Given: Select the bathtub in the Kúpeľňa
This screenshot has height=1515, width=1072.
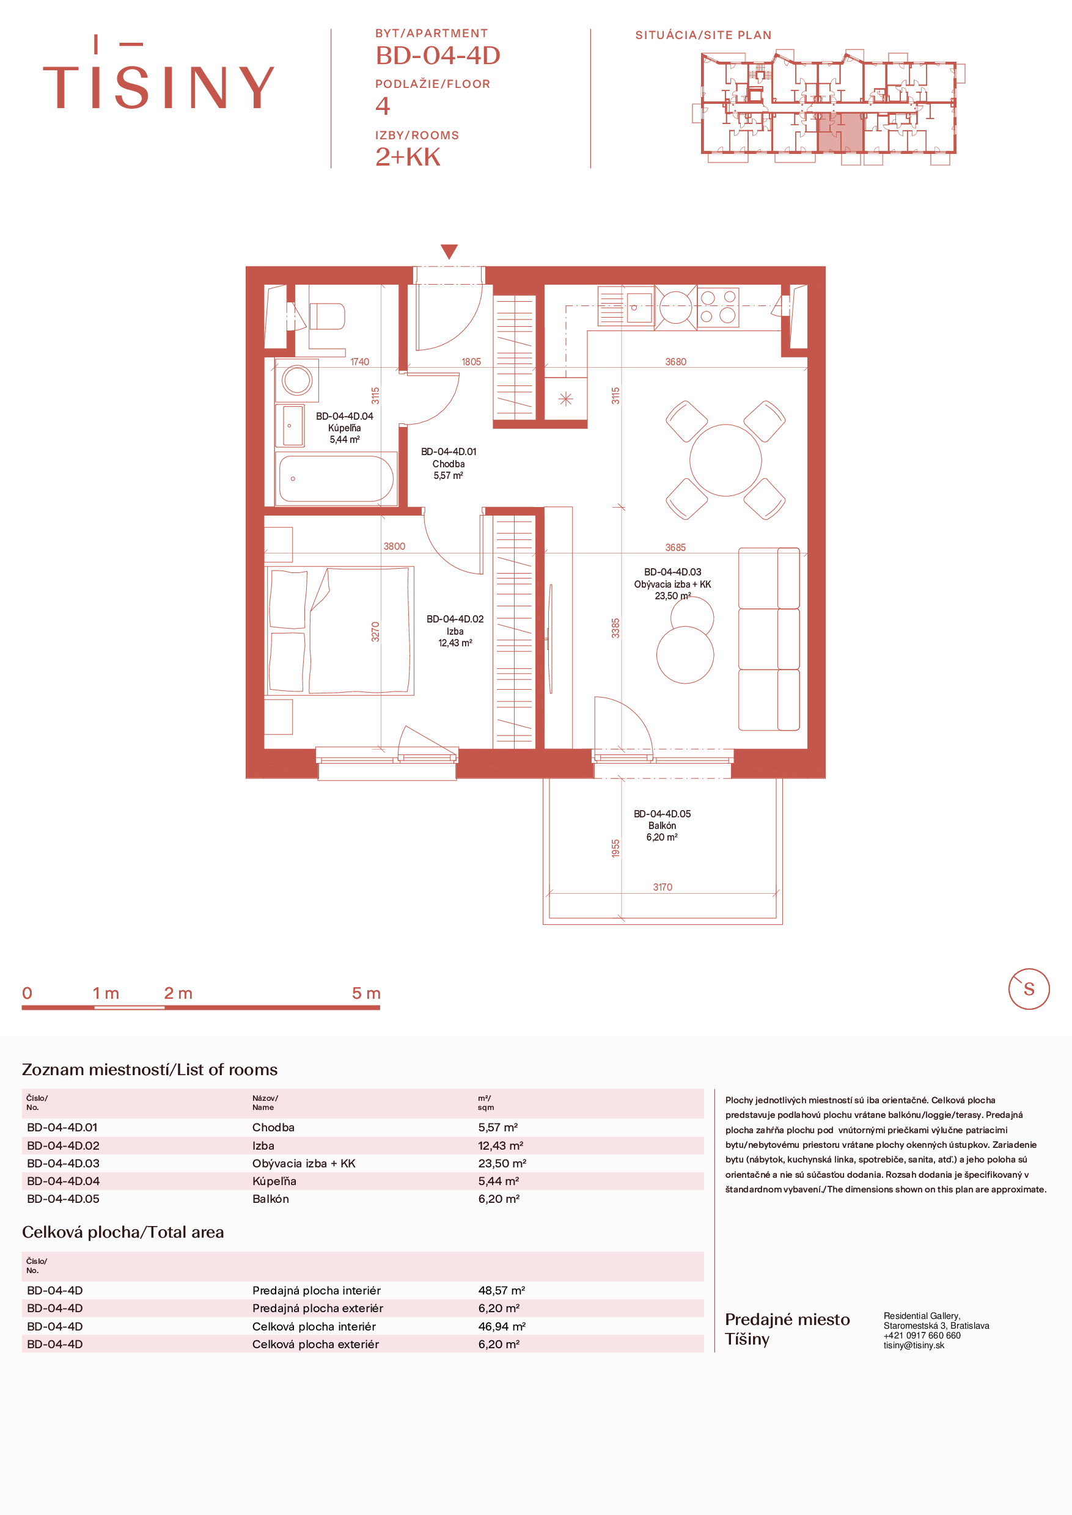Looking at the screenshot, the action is tap(337, 478).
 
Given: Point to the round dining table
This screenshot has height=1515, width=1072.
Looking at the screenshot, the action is tap(725, 460).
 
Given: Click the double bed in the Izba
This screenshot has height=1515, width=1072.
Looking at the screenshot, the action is tap(339, 630).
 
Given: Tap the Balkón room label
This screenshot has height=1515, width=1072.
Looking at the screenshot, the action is tap(662, 825).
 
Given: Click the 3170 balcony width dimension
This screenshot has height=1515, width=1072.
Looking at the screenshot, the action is tap(663, 887).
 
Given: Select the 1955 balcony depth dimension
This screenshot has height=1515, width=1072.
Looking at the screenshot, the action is tap(616, 849).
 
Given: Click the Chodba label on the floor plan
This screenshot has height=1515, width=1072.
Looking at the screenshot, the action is tap(449, 463).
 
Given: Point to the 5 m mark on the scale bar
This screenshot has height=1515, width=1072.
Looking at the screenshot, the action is tap(366, 993).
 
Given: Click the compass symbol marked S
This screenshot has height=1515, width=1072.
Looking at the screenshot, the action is tap(1029, 989).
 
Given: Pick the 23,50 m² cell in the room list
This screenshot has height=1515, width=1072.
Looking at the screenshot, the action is tap(502, 1163).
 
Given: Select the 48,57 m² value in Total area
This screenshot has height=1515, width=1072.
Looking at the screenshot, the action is tap(502, 1290).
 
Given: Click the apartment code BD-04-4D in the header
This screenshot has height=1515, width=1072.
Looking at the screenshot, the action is tap(438, 56).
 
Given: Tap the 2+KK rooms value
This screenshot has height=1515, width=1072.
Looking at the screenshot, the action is tap(408, 157).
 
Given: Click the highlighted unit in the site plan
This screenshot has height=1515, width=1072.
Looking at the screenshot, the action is tap(840, 132).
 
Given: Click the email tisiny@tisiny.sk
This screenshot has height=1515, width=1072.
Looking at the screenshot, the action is tap(914, 1345).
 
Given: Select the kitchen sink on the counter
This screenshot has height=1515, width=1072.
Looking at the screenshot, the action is tap(638, 308).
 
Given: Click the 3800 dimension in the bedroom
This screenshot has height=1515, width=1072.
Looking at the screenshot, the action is tap(394, 546).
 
